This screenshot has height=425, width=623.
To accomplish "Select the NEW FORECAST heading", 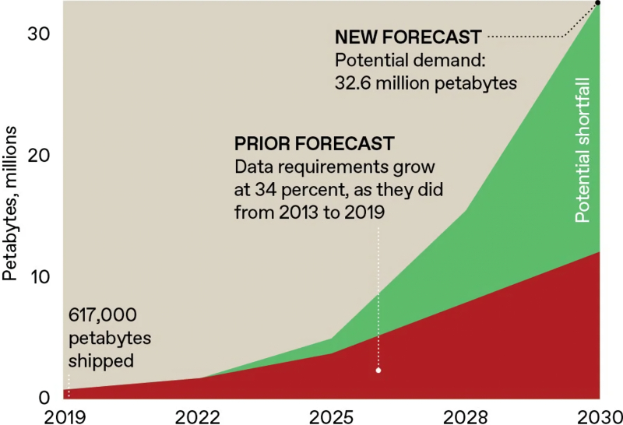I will coord(407,37).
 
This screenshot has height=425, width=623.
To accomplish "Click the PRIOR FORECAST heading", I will coord(315,144).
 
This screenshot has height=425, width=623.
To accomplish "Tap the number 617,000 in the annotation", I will coord(103,315).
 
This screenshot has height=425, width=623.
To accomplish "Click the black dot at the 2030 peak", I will coord(597,3).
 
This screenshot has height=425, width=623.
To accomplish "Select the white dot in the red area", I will coord(378,370).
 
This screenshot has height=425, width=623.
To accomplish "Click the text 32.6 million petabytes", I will coord(426,83).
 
